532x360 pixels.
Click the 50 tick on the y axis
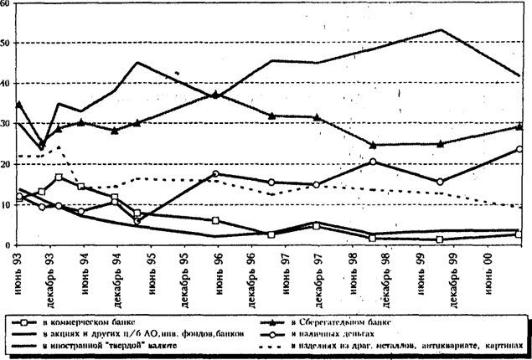7,42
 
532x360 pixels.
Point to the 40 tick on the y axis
7,83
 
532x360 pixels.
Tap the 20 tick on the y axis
7,164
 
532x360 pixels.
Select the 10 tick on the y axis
7,204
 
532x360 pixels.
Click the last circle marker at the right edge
520,149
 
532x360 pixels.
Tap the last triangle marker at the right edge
520,126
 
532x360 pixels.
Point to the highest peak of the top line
442,30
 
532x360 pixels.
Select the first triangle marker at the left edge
18,105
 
